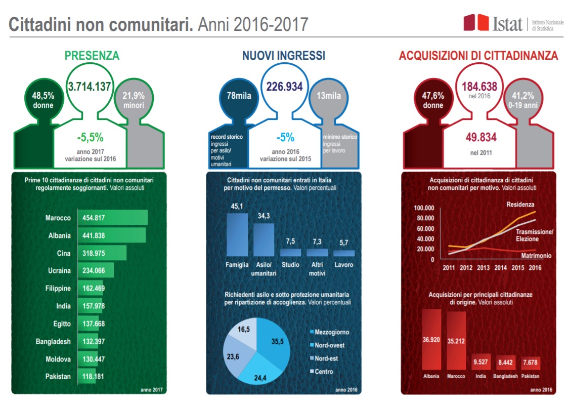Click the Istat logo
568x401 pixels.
coord(493,23)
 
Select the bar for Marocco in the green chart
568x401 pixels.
coord(112,218)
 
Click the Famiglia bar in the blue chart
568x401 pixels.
coord(237,234)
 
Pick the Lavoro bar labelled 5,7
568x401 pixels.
coord(344,253)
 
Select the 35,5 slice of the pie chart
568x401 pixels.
coord(273,342)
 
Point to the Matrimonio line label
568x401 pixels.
coord(536,255)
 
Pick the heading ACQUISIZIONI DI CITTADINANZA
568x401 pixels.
coord(478,56)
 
